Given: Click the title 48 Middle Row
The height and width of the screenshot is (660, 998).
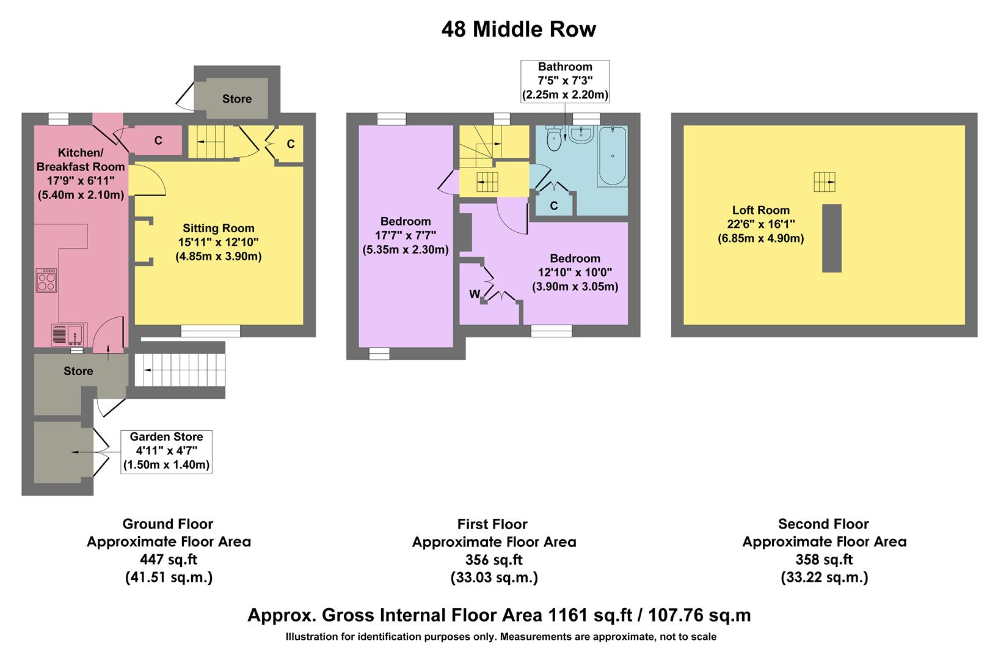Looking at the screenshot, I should pyautogui.click(x=518, y=29).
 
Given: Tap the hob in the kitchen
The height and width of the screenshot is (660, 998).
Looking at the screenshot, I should pyautogui.click(x=46, y=280).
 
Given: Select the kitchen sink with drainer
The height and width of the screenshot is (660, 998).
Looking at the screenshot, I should pyautogui.click(x=68, y=335).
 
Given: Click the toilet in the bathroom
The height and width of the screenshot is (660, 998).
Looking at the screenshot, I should pyautogui.click(x=554, y=137).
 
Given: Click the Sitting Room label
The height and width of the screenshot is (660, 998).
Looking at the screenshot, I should pyautogui.click(x=218, y=229).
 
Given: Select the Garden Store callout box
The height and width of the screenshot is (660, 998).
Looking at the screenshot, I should pyautogui.click(x=166, y=451).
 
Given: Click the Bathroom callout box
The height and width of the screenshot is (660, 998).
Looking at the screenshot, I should pyautogui.click(x=565, y=81).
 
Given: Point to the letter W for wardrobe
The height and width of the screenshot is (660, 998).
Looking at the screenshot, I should pyautogui.click(x=474, y=295).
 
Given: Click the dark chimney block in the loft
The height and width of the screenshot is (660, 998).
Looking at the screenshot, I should pyautogui.click(x=831, y=238).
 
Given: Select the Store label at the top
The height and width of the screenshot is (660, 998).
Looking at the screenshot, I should pyautogui.click(x=236, y=99).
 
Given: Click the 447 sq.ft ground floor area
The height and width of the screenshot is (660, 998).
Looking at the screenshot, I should pyautogui.click(x=169, y=559).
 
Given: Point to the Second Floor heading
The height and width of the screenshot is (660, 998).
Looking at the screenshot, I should pyautogui.click(x=823, y=524).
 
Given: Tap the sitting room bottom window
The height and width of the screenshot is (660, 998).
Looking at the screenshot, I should pyautogui.click(x=211, y=331).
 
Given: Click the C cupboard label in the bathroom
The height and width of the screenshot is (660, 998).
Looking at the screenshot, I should pyautogui.click(x=553, y=206).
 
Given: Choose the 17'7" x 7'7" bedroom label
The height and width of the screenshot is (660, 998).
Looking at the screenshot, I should pyautogui.click(x=406, y=235).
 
